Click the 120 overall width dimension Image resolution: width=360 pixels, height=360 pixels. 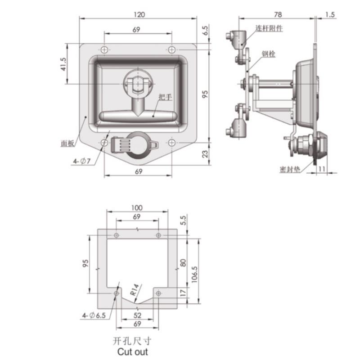click(x=139, y=14)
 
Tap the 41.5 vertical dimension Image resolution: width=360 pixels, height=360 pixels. click(x=63, y=64)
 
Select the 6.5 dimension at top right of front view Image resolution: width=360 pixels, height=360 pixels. click(x=205, y=30)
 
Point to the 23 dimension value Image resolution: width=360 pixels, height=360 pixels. click(x=205, y=153)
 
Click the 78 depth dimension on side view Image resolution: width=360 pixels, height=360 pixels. click(x=278, y=14)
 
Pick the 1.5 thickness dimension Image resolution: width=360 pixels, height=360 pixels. click(x=330, y=15)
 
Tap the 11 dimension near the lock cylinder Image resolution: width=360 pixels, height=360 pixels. click(x=321, y=169)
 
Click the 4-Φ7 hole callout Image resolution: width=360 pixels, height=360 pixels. click(x=81, y=161)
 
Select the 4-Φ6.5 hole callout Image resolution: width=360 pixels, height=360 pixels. click(x=94, y=315)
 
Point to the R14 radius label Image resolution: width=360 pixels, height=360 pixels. click(x=135, y=289)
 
